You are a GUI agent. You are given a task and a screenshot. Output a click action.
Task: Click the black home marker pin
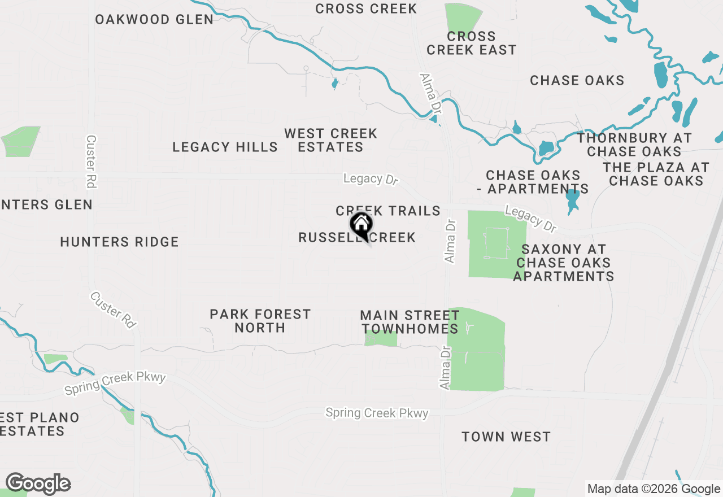click(x=361, y=225)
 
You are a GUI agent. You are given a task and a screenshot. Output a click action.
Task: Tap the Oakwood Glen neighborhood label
click(x=154, y=19)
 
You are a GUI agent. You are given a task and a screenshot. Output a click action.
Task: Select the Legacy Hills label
click(x=225, y=147)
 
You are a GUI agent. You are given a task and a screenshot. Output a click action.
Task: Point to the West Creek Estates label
click(x=330, y=140)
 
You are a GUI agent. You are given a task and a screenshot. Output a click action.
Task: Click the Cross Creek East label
click(x=471, y=43)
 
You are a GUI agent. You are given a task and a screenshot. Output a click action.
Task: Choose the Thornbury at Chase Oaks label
click(x=634, y=145)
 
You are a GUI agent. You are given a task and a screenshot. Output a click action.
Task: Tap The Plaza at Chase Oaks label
click(x=656, y=174)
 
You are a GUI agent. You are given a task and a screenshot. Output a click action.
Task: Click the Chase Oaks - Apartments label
click(x=533, y=182)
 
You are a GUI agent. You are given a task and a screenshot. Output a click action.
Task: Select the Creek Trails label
click(x=388, y=211)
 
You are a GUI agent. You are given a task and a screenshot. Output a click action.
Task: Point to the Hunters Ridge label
click(x=119, y=242)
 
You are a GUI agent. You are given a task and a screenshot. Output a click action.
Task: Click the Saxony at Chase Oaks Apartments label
click(x=563, y=263)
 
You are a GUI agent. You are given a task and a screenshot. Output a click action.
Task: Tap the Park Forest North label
click(x=260, y=321)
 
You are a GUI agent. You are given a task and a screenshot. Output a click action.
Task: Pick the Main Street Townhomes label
click(x=410, y=322)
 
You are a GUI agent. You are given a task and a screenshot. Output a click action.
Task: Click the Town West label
click(x=506, y=437)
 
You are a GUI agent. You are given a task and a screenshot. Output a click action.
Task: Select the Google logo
click(x=38, y=484)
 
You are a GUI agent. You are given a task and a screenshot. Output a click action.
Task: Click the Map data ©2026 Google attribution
click(x=654, y=489)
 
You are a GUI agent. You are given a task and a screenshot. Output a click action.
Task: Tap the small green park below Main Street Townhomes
click(x=381, y=339)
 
